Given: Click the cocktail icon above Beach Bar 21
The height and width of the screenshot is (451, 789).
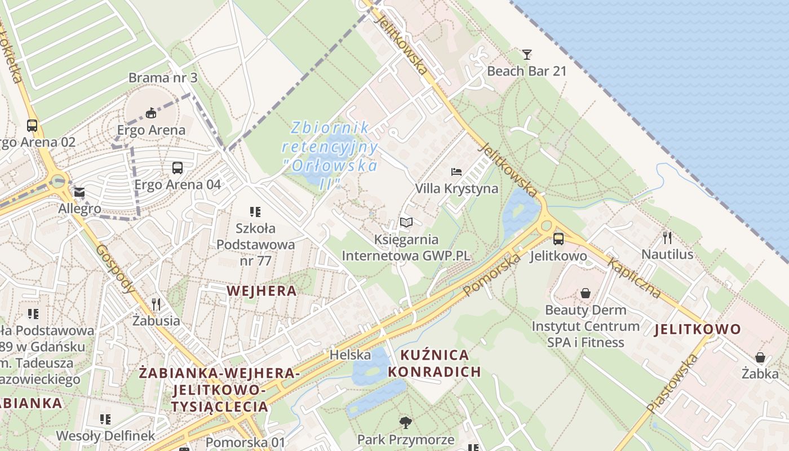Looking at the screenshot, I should click(x=527, y=55).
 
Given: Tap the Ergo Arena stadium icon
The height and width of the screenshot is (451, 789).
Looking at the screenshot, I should click(x=150, y=113).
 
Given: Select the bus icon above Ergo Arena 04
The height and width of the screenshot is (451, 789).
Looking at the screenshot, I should click(x=178, y=167).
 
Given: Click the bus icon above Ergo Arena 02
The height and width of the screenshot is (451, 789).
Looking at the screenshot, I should click(x=32, y=125).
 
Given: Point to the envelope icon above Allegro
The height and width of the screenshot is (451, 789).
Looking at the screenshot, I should click(x=79, y=193).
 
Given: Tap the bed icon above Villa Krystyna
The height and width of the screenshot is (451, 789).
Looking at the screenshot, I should click(x=456, y=171).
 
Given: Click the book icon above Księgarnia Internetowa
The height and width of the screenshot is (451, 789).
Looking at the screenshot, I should click(x=406, y=222).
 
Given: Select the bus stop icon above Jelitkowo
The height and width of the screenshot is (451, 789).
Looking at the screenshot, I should click(x=558, y=239).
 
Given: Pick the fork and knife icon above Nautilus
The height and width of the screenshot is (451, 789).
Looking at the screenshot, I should click(x=667, y=237).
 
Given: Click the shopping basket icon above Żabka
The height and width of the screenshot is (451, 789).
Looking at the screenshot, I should click(x=760, y=357).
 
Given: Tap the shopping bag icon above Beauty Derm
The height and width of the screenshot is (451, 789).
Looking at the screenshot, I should click(x=586, y=293).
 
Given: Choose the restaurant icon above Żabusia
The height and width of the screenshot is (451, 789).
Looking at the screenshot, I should click(x=156, y=304).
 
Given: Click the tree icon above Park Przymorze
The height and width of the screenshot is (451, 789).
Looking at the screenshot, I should click(x=405, y=422).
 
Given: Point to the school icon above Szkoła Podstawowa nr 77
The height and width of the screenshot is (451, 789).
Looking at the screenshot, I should click(x=255, y=212).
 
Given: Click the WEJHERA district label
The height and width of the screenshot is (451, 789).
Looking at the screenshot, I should click(x=261, y=290).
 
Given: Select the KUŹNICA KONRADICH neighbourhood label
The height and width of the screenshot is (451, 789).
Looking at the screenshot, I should click(x=434, y=363).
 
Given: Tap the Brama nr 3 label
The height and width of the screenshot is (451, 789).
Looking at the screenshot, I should click(x=156, y=77).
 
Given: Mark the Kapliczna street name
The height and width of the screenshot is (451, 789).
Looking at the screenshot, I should click(x=634, y=278).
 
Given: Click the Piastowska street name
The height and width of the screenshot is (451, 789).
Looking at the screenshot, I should click(x=673, y=384).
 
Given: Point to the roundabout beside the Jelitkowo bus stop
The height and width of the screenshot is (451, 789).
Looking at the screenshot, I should click(x=546, y=226).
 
